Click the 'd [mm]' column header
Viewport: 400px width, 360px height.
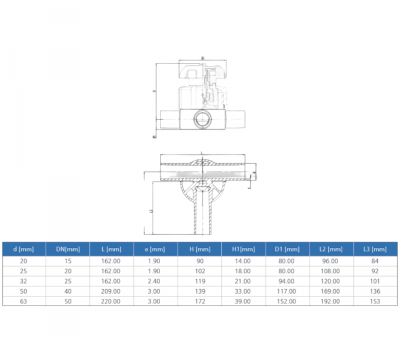pyautogui.click(x=23, y=249)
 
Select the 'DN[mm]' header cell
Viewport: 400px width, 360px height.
pyautogui.click(x=67, y=249)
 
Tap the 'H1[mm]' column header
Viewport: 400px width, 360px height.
pyautogui.click(x=243, y=249)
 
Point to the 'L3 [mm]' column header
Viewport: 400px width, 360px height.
pyautogui.click(x=374, y=249)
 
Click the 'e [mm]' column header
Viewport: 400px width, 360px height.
pyautogui.click(x=155, y=249)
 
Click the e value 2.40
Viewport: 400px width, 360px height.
pyautogui.click(x=155, y=281)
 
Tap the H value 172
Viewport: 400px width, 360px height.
pyautogui.click(x=199, y=301)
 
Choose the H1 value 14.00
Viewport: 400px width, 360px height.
pyautogui.click(x=243, y=261)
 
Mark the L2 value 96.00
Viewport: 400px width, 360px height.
pyautogui.click(x=331, y=261)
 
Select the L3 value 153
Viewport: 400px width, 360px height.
pyautogui.click(x=374, y=301)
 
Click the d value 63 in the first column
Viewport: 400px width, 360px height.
pyautogui.click(x=23, y=301)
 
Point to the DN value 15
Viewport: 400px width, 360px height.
pyautogui.click(x=67, y=261)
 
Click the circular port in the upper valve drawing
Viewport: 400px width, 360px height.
pyautogui.click(x=202, y=120)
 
